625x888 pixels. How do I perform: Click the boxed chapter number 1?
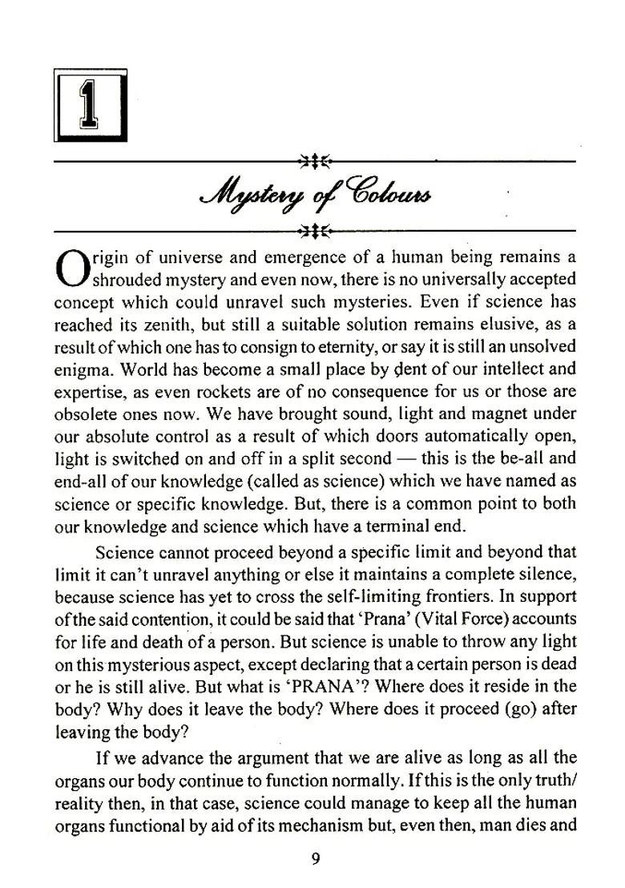90,105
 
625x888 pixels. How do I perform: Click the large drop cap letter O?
72,268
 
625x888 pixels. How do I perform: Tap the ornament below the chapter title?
315,232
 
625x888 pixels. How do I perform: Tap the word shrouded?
127,279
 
